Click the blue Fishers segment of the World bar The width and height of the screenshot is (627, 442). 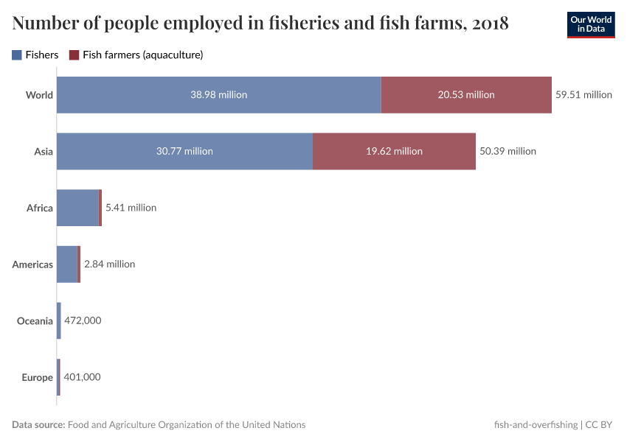[218, 94]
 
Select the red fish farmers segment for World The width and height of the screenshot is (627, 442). [466, 94]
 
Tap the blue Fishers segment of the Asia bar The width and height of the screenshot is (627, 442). [184, 151]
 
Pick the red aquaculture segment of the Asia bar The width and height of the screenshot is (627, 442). [394, 151]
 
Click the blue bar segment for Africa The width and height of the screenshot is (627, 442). [77, 208]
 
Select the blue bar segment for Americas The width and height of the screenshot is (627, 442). [66, 264]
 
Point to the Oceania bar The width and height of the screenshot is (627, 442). [59, 321]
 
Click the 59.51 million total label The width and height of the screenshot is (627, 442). [583, 94]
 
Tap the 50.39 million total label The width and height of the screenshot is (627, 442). [508, 151]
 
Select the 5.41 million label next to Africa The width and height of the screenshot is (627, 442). [131, 208]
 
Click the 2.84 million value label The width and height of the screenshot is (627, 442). [109, 264]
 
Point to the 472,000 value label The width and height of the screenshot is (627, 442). [83, 321]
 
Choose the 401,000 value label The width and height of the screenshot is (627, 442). [82, 377]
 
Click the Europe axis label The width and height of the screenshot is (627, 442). [37, 377]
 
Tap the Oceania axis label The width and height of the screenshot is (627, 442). [35, 321]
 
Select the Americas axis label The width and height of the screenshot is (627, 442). [32, 264]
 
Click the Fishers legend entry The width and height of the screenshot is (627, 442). [35, 55]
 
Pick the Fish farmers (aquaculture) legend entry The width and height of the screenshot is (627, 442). [136, 55]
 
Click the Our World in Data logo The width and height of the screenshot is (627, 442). [591, 24]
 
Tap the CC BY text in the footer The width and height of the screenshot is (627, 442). [599, 424]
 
